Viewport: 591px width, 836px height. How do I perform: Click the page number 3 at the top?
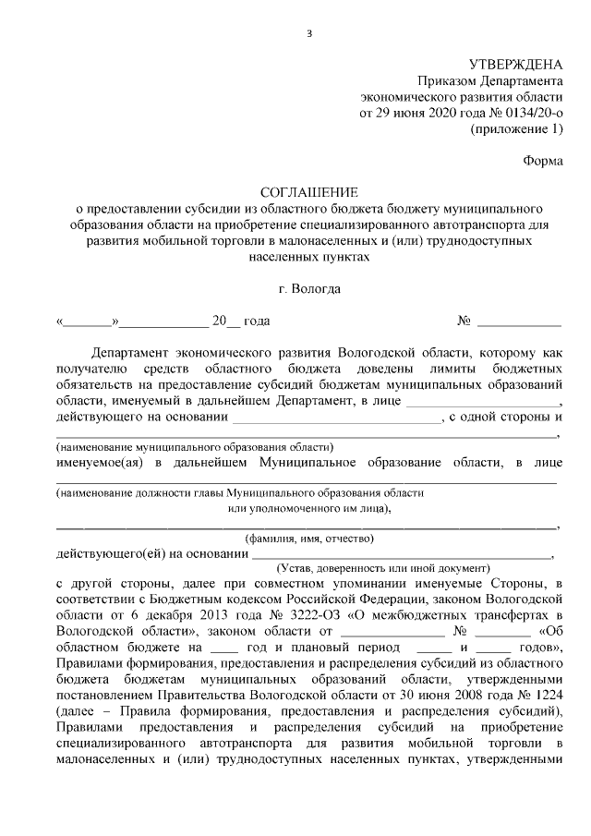pos(309,35)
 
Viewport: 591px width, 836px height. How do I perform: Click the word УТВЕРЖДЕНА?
pos(515,65)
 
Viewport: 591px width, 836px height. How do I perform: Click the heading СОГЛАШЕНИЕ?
pos(308,192)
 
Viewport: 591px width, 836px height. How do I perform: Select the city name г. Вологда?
pos(308,288)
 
